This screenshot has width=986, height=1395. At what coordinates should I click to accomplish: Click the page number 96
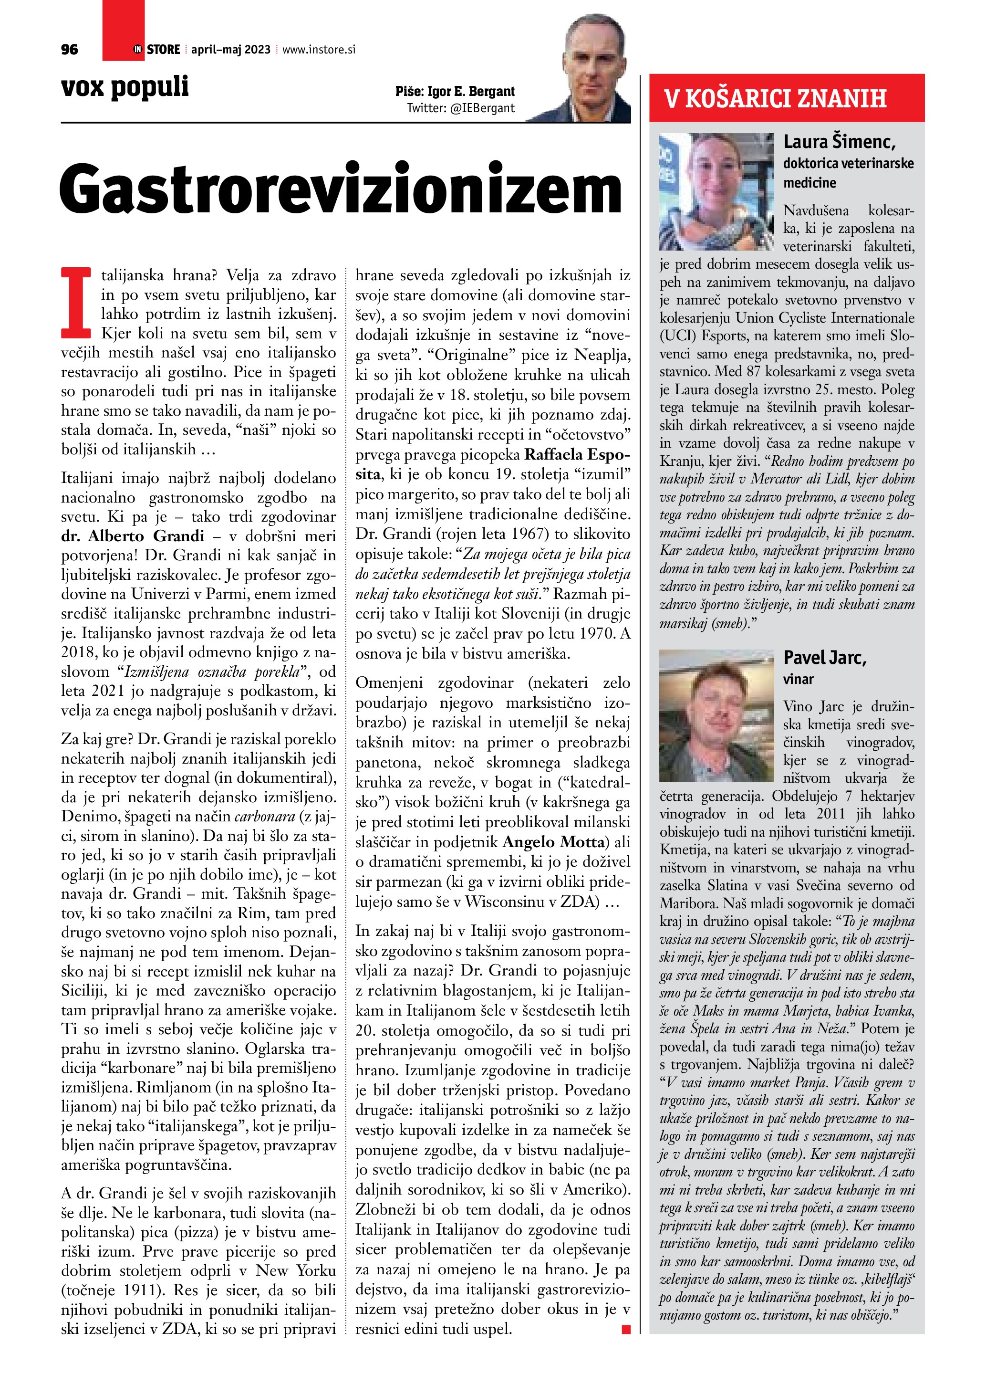tap(69, 50)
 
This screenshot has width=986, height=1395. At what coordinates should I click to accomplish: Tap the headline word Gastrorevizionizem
tap(340, 189)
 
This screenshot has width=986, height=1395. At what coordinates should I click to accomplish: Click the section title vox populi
tap(125, 87)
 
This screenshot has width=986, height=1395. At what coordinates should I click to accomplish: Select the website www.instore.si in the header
tap(319, 50)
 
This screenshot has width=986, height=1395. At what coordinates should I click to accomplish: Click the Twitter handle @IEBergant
tap(461, 108)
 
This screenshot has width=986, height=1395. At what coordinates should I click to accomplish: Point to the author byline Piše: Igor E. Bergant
tap(455, 92)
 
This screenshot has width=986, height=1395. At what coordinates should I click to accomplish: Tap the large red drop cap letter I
tap(76, 302)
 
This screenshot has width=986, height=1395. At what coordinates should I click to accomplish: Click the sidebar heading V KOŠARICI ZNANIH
tap(775, 98)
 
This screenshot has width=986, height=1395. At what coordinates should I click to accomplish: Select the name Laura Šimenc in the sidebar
tap(839, 142)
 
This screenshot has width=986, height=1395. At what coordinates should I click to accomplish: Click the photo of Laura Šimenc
tap(716, 191)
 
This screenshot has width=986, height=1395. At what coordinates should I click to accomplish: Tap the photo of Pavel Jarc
tap(716, 716)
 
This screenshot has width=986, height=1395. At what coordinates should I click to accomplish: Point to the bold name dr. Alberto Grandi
tap(132, 536)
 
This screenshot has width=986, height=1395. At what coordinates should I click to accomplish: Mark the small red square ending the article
tap(626, 1330)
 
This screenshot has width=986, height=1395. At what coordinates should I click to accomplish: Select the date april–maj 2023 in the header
tap(231, 50)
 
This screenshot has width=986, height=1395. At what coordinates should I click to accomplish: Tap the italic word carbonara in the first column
tap(264, 817)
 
